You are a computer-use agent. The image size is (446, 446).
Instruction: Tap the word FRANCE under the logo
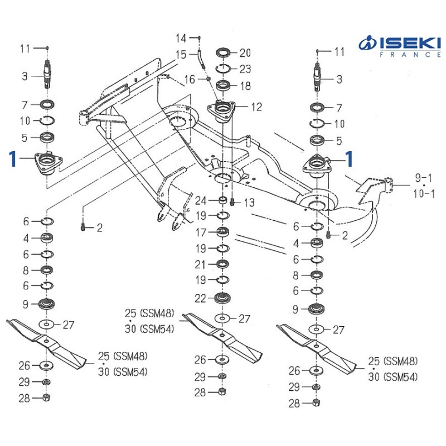[x=406, y=55]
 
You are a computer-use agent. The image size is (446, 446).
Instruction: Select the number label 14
[x=182, y=38]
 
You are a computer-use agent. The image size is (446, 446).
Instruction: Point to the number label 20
[x=245, y=53]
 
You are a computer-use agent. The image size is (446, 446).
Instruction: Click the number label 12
[x=256, y=107]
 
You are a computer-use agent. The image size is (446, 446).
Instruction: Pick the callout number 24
[x=201, y=201]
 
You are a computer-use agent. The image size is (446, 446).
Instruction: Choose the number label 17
[x=201, y=231]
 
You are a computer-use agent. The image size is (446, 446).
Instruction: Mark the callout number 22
[x=201, y=298]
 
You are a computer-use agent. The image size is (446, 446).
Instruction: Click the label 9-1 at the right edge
[x=423, y=177]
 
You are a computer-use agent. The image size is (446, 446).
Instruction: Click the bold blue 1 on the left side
[x=12, y=159]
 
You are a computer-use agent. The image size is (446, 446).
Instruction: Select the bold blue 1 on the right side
[x=349, y=159]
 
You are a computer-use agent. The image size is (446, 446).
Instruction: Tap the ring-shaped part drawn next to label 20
[x=225, y=54]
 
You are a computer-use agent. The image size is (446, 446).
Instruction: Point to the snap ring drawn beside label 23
[x=225, y=69]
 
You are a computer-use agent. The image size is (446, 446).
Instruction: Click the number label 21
[x=201, y=264]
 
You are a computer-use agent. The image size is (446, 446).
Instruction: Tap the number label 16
[x=190, y=80]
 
